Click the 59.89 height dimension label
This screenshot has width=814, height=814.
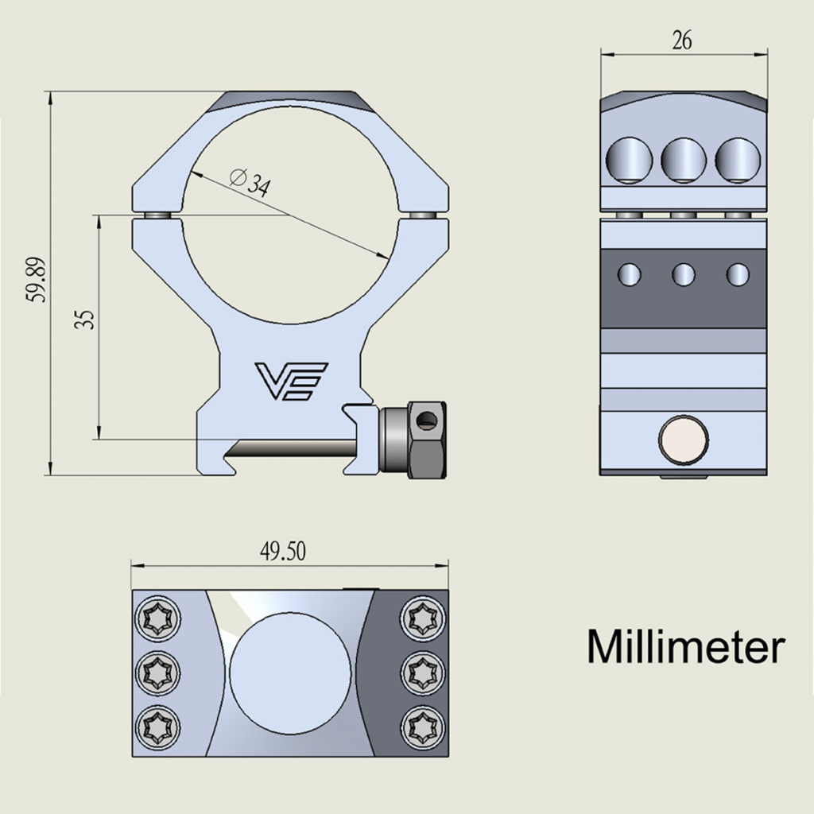pos(37,279)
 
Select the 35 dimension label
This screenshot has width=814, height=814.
pos(84,320)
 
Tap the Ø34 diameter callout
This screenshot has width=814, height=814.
pos(250,182)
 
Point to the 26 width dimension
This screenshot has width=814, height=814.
pos(681,40)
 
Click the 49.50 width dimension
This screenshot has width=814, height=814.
pos(283,551)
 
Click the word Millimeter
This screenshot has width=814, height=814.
pos(686,646)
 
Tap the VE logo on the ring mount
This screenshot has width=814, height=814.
pos(291,382)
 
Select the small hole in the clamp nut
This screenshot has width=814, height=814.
pos(427,419)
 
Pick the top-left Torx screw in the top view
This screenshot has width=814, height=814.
pos(158,618)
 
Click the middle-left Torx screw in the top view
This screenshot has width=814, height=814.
pos(158,673)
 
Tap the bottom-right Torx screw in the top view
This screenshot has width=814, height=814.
pos(423,727)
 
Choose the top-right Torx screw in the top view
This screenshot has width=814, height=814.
pos(423,618)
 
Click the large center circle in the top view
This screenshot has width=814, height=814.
pos(290,672)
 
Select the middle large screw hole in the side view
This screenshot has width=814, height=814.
pos(684,161)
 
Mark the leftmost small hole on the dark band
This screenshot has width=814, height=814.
pos(630,274)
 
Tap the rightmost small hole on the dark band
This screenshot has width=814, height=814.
pos(738,274)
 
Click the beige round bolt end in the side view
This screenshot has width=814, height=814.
pos(684,440)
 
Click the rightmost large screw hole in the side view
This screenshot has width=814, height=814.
pos(738,161)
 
